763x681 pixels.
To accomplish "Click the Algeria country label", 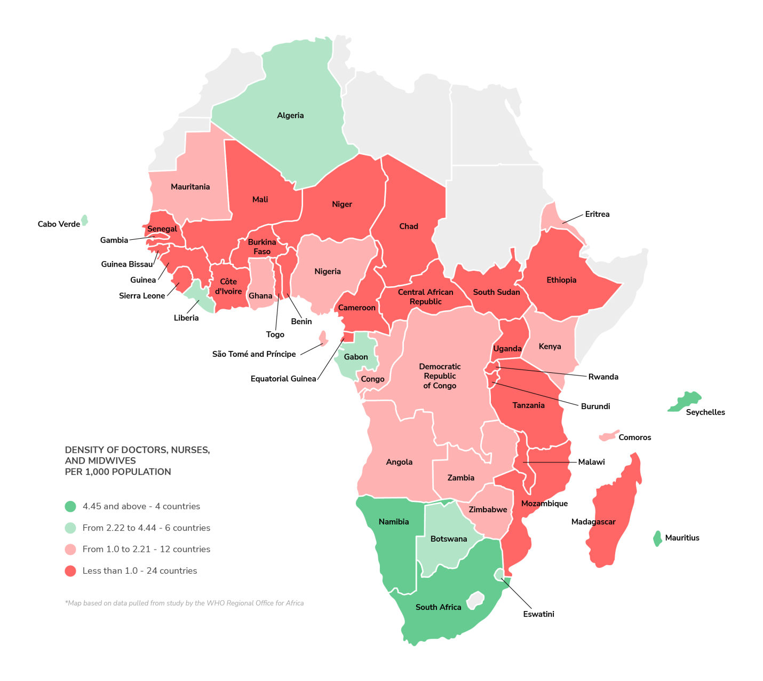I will pos(290,115).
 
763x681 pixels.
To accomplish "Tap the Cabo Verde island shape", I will pos(84,220).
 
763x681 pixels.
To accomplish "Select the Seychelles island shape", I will pos(686,401).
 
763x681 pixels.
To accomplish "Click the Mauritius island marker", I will pos(658,538).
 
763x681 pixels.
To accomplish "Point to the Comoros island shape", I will pos(609,436).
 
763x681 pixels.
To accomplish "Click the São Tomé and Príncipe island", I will pos(323,338).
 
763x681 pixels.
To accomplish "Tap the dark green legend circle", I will pos(70,506).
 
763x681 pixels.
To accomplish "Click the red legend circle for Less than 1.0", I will pos(70,571).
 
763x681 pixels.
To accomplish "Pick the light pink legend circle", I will pos(70,549).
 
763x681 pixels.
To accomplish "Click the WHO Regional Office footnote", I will pos(184,603).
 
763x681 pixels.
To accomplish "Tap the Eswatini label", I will pos(538,614).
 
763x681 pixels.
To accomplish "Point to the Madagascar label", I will pos(593,522).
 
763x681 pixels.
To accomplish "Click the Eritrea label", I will pos(597,214).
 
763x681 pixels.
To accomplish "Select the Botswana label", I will pos(449,539).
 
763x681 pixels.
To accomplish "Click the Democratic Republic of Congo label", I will pos(440,376).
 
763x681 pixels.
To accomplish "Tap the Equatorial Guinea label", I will pos(283,379).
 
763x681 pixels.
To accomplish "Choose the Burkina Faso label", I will pos(262,247).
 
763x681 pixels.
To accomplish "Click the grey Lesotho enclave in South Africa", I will pos(475,600).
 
